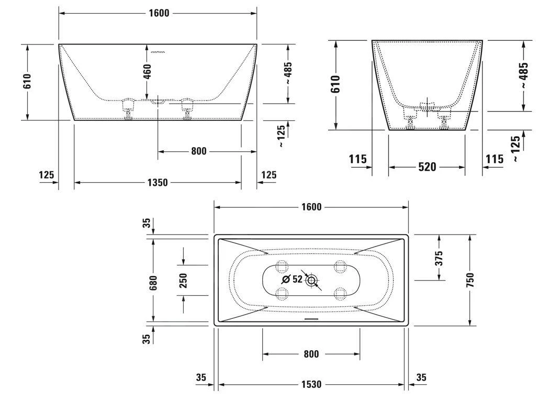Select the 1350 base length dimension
pos(158,183)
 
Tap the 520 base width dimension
pos(427,167)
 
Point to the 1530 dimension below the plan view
pos(311,385)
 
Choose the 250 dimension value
pos(183,281)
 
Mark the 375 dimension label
pos(439,257)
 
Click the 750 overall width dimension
pos(470,280)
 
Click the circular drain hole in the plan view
pos(312,280)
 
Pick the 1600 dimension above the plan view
pos(311,207)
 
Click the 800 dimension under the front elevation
pos(199,151)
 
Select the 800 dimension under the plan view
pos(311,354)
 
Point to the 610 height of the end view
pos(335,84)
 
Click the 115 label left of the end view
pos(357,159)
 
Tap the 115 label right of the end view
pos(495,159)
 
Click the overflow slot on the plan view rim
pos(311,318)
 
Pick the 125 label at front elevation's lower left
pos(47,175)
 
